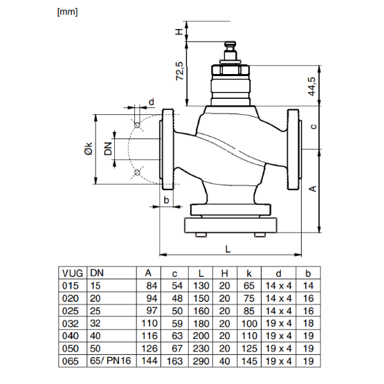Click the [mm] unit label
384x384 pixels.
pyautogui.click(x=67, y=11)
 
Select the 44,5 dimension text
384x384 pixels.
pyautogui.click(x=312, y=86)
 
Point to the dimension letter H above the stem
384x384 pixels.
pyautogui.click(x=178, y=32)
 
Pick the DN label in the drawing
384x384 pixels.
pyautogui.click(x=109, y=149)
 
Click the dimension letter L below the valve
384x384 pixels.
pyautogui.click(x=228, y=248)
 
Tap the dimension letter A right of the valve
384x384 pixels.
pyautogui.click(x=312, y=188)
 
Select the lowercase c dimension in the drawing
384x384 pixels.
pyautogui.click(x=313, y=127)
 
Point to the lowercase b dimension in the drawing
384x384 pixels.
pyautogui.click(x=165, y=199)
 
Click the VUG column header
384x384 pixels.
pyautogui.click(x=72, y=273)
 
